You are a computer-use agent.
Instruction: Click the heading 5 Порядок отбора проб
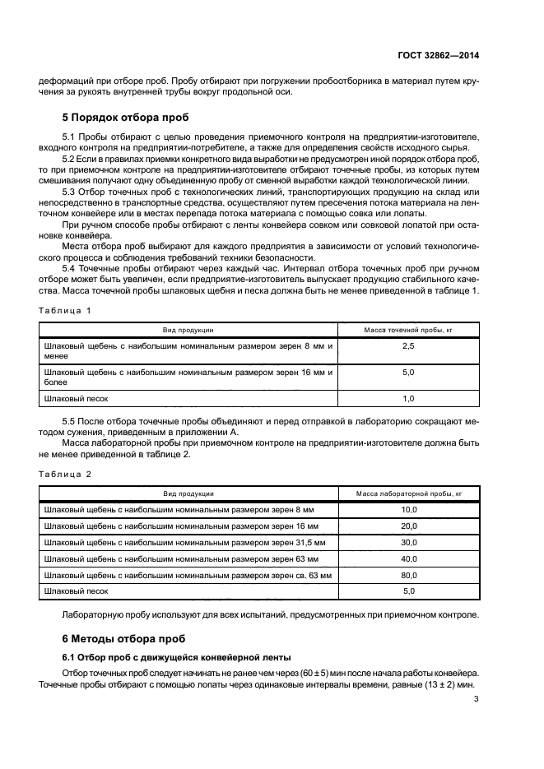125,118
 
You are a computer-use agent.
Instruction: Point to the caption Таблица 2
65,473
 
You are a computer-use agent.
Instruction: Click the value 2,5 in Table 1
408,347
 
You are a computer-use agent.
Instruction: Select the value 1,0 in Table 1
408,398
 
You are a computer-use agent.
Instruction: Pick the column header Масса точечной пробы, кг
408,329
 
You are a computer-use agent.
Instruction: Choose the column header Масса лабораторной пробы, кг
408,493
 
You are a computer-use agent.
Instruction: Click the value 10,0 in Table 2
408,510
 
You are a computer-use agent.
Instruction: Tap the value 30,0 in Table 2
408,543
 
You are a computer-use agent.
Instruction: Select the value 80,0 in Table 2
408,575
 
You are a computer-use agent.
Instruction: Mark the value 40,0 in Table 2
408,559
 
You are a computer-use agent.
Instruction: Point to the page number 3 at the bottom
477,700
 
